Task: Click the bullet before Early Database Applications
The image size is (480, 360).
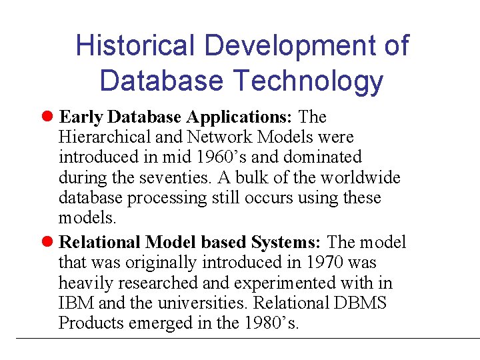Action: click(x=48, y=117)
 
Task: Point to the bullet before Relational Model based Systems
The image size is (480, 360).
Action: click(x=48, y=243)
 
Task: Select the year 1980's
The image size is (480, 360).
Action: click(x=272, y=323)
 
